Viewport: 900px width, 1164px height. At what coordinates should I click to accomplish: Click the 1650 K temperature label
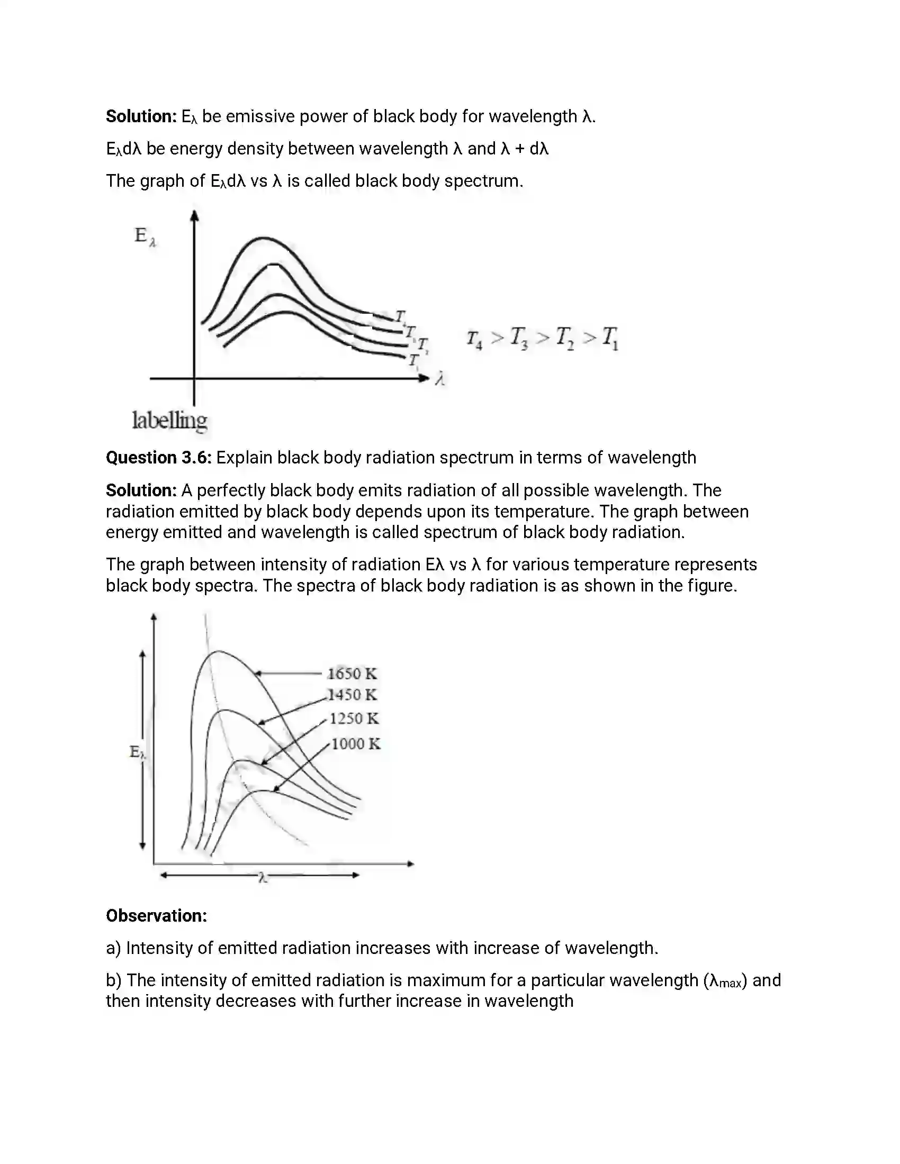pos(352,674)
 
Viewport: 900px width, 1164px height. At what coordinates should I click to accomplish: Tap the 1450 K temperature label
pos(352,695)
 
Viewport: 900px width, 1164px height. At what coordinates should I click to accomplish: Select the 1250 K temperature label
pos(354,719)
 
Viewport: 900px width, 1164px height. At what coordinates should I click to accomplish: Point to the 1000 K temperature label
pos(356,743)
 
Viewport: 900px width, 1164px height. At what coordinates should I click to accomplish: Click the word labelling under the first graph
pos(169,421)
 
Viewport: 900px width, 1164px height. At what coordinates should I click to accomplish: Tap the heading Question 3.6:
pos(158,458)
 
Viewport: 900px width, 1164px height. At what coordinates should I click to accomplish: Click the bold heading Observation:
pos(156,916)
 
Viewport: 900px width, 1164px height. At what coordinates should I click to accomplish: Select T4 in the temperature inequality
pos(474,339)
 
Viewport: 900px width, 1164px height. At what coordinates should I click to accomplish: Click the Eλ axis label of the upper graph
pos(145,236)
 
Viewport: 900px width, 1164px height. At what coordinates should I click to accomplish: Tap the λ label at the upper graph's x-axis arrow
pos(440,379)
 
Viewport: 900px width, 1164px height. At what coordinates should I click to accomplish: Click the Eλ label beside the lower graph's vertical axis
pos(137,752)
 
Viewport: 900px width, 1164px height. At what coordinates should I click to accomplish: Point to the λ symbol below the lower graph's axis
pos(262,878)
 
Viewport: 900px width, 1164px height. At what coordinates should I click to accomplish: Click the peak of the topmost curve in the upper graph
pos(263,238)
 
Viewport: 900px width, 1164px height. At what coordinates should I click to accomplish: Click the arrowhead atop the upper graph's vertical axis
pos(195,215)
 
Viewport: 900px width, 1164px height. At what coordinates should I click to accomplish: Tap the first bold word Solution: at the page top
pos(141,116)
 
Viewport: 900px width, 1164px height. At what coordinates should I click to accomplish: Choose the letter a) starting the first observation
pos(114,948)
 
